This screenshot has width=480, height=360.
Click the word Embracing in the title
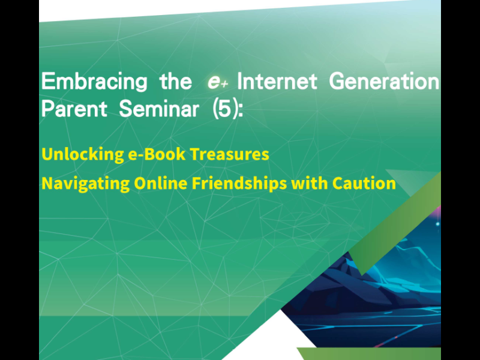pyautogui.click(x=94, y=82)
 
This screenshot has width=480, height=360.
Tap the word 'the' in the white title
pyautogui.click(x=176, y=81)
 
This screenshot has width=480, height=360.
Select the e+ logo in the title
pyautogui.click(x=218, y=82)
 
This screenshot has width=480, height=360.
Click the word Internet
pyautogui.click(x=277, y=81)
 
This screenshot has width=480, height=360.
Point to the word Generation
pyautogui.click(x=384, y=81)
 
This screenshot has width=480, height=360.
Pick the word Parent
pyautogui.click(x=74, y=109)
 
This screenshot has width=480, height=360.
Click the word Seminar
pyautogui.click(x=159, y=109)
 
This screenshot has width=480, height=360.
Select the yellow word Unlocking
pyautogui.click(x=83, y=154)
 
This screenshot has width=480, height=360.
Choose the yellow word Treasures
pyautogui.click(x=230, y=154)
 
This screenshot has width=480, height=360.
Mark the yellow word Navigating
pyautogui.click(x=85, y=184)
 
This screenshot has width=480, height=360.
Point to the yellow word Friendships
pyautogui.click(x=239, y=184)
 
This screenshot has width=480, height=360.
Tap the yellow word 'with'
pyautogui.click(x=310, y=183)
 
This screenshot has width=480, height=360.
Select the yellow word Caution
pyautogui.click(x=364, y=183)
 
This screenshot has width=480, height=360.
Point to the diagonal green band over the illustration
pyautogui.click(x=395, y=223)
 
